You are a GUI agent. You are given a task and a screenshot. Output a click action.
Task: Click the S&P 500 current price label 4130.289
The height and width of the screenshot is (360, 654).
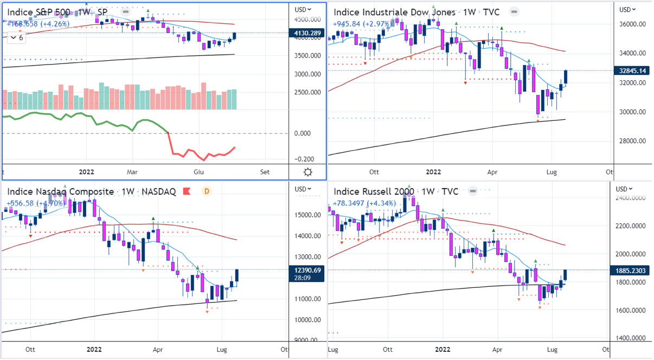pyautogui.click(x=308, y=33)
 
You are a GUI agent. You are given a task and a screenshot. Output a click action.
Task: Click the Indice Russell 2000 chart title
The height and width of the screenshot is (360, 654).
pyautogui.click(x=374, y=191)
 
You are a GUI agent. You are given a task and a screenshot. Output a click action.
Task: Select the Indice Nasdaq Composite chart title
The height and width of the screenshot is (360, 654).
pyautogui.click(x=60, y=191)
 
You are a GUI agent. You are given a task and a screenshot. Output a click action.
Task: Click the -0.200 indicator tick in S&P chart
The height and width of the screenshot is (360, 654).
pyautogui.click(x=306, y=159)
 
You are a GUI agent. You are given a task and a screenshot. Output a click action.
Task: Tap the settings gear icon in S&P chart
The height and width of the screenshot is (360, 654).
pyautogui.click(x=308, y=172)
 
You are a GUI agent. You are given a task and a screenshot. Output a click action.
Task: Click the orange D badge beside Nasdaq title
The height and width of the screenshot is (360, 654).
pyautogui.click(x=206, y=191)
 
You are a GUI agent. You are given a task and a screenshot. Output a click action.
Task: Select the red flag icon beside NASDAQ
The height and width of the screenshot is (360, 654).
pyautogui.click(x=186, y=191)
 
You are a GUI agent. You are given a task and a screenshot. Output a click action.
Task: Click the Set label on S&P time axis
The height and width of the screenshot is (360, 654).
pyautogui.click(x=264, y=172)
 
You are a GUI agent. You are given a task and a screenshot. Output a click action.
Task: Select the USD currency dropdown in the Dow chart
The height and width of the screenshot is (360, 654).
pyautogui.click(x=628, y=9)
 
